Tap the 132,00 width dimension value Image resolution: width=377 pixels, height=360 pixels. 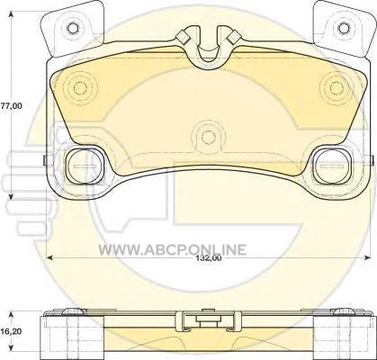(x=210, y=257)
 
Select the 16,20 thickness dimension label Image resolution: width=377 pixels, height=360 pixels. (x=8, y=332)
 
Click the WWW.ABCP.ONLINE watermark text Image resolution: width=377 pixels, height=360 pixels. (x=173, y=249)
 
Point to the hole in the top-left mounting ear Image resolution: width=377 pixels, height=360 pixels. (x=73, y=28)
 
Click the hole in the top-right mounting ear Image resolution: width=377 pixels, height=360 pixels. (x=344, y=28)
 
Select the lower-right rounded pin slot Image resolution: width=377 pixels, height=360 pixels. (x=333, y=166)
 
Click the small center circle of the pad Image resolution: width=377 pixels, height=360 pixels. (x=209, y=137)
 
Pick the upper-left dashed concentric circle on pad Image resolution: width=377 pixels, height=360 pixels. (x=80, y=88)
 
